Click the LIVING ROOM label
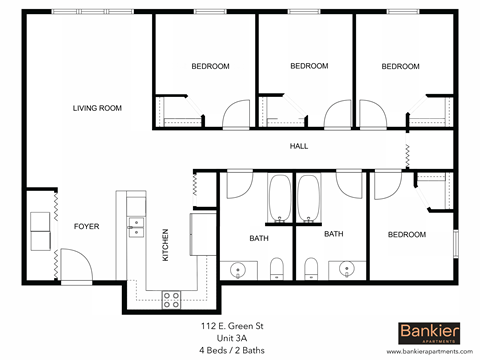tap(97, 108)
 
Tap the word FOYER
tap(86, 226)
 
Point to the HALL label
tap(299, 146)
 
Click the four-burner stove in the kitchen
tap(170, 296)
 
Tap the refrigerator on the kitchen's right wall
tap(203, 229)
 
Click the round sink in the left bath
tap(238, 268)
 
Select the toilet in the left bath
tap(277, 266)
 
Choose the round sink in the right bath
tap(347, 268)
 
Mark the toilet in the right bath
tap(311, 266)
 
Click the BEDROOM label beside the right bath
tap(406, 234)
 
